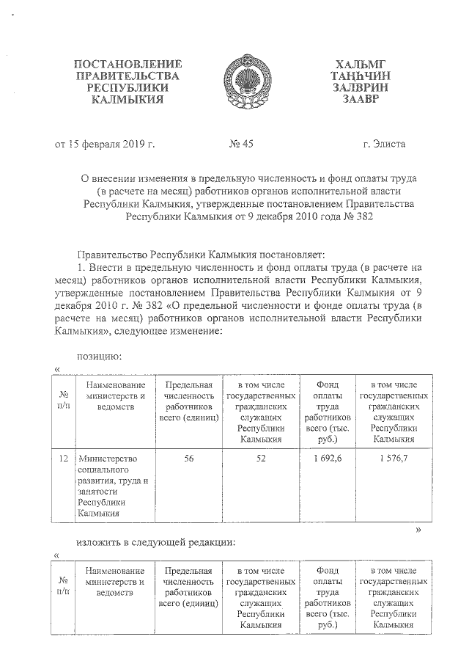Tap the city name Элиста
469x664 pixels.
point(383,145)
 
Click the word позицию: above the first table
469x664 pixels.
point(99,357)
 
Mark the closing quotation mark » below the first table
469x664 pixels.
point(418,529)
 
